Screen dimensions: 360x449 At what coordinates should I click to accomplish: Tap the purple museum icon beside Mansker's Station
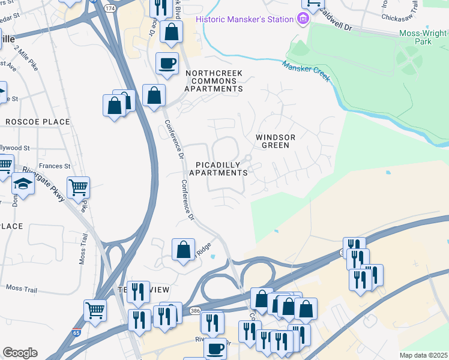(303, 20)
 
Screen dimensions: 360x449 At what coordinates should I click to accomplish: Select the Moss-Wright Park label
(424, 37)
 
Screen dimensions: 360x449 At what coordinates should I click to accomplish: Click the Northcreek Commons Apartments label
(214, 81)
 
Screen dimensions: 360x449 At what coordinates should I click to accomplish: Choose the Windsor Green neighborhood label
(276, 141)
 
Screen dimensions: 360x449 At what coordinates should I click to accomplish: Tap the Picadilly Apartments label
(218, 169)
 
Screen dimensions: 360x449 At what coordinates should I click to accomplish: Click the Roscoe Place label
(37, 122)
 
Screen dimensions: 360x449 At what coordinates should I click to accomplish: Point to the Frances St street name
(55, 166)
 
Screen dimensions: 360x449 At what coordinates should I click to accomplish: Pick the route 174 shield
(109, 9)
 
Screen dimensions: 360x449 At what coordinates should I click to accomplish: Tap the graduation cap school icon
(23, 184)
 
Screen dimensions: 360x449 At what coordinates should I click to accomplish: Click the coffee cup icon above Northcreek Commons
(167, 62)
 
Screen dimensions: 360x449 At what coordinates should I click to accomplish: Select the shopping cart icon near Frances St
(79, 188)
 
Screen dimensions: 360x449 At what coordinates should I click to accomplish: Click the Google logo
(20, 353)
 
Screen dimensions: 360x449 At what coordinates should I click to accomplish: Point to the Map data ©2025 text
(423, 355)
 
